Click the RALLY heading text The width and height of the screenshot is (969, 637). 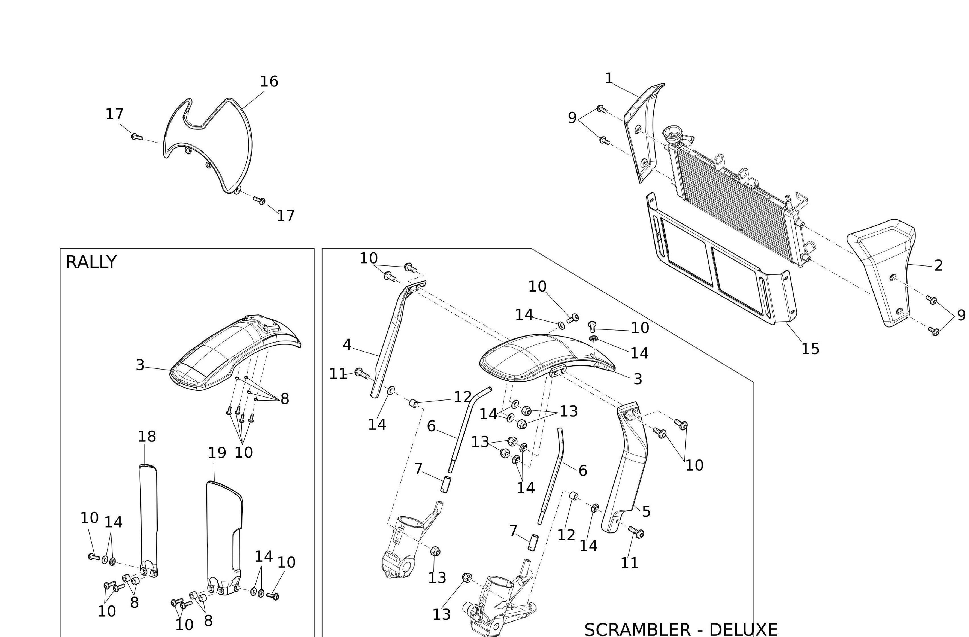pos(91,262)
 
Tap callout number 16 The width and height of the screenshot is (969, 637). pos(269,81)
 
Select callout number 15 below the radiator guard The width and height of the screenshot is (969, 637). pos(810,349)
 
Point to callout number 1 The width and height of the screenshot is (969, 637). pos(609,78)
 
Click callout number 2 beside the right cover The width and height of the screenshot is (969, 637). pos(939,265)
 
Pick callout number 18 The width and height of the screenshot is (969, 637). pos(147,437)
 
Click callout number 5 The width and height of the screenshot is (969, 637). pos(646,512)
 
